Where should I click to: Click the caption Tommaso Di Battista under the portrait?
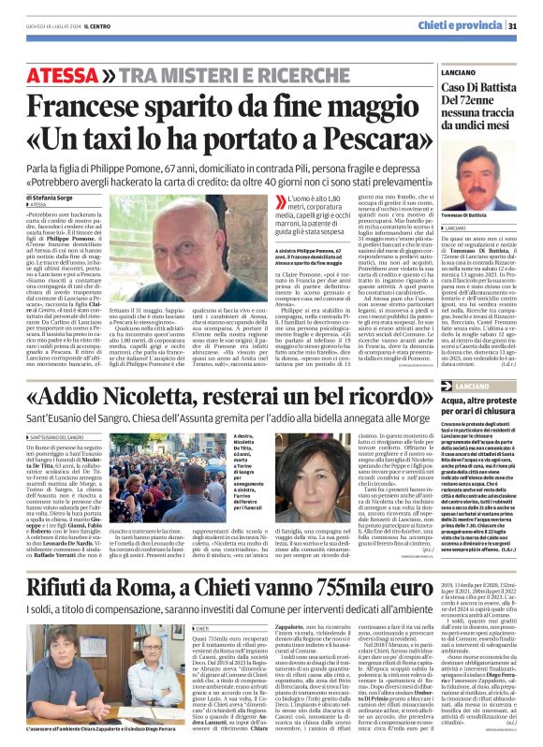(x=487, y=216)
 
